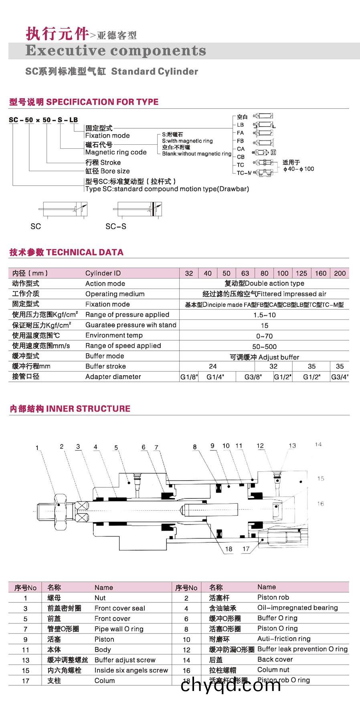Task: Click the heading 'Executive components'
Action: click(x=115, y=51)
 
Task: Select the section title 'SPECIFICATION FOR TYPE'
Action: click(x=102, y=102)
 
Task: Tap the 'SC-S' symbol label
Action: click(x=115, y=226)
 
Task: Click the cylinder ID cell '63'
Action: click(x=245, y=273)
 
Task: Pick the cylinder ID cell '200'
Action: click(x=340, y=273)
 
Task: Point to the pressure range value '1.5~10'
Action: click(x=264, y=315)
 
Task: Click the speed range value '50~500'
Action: click(x=264, y=346)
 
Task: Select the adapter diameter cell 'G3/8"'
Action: click(x=253, y=377)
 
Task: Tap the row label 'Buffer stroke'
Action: click(x=105, y=366)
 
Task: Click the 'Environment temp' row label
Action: click(x=114, y=335)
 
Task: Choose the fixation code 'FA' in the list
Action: click(x=240, y=133)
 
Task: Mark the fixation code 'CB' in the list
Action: click(x=241, y=157)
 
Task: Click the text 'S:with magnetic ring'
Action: click(x=187, y=141)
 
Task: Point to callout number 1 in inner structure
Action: click(x=37, y=448)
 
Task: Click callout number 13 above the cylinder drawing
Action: click(x=292, y=446)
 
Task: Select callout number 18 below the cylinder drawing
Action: click(x=229, y=549)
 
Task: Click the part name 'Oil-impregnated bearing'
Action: click(x=297, y=608)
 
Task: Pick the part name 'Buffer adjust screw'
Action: click(x=125, y=660)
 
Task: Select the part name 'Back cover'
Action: click(x=275, y=660)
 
